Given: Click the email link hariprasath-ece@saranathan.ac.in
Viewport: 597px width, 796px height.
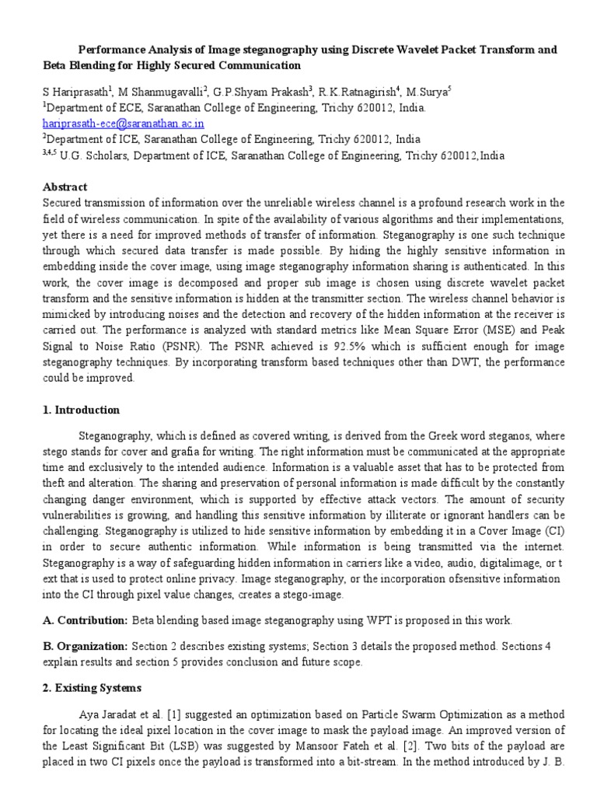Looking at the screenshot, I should pyautogui.click(x=117, y=123).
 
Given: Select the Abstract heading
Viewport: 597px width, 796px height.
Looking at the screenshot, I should pyautogui.click(x=66, y=187).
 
